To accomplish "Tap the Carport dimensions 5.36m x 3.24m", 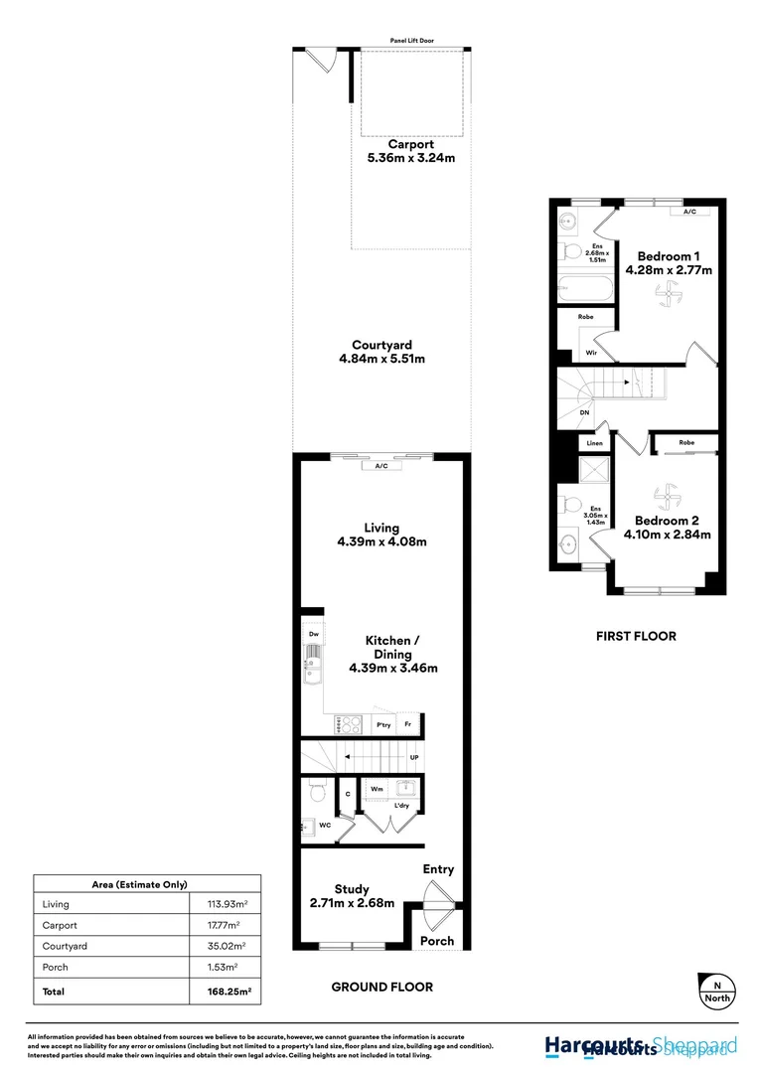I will [x=410, y=158].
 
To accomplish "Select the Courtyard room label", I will [x=381, y=345].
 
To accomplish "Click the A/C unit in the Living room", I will [x=381, y=465].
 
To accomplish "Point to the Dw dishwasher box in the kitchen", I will [x=313, y=634].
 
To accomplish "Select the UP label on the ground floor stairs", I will [x=414, y=758].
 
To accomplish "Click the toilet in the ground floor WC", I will [x=318, y=792].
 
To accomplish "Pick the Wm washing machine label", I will [x=378, y=790].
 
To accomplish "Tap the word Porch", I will [x=437, y=941].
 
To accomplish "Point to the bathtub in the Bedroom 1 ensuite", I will [x=582, y=288].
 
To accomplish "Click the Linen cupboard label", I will [x=595, y=443].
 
